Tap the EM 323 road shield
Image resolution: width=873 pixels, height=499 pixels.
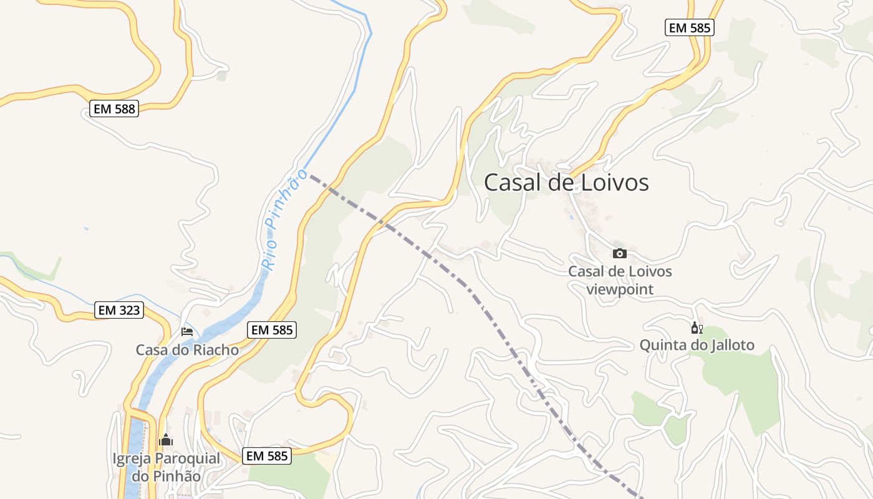(x=119, y=310)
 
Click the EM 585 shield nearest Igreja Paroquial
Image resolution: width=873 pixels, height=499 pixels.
(x=267, y=456)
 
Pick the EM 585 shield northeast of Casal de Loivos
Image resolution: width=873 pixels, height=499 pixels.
(x=689, y=27)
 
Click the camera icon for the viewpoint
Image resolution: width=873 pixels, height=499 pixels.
(x=619, y=253)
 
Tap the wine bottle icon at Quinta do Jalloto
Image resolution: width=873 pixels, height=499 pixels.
(x=697, y=328)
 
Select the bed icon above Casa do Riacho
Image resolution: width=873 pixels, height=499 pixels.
(x=187, y=331)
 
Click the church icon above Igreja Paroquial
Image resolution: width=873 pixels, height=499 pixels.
(x=166, y=440)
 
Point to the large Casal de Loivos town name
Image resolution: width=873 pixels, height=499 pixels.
(x=566, y=183)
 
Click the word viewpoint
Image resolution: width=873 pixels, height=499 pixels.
(x=620, y=289)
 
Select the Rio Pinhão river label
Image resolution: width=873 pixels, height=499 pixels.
(x=284, y=218)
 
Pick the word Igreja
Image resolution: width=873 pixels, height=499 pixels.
(x=132, y=459)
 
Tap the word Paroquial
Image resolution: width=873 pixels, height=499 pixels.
(x=187, y=459)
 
